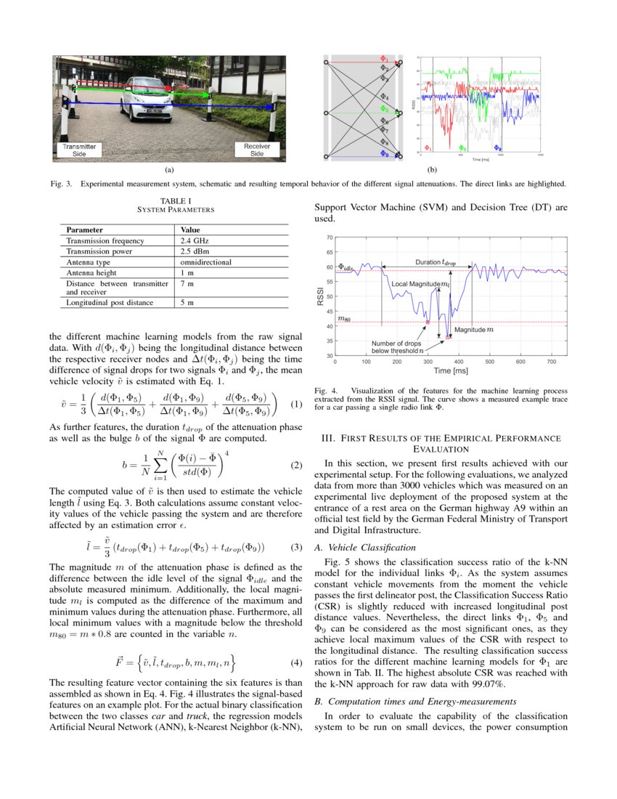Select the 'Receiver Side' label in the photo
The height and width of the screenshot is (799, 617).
point(257,150)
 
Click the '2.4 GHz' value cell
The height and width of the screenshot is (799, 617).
point(194,240)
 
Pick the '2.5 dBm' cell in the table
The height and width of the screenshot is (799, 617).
point(194,251)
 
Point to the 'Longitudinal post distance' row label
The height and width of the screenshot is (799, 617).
point(110,303)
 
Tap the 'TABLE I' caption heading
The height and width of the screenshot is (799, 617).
point(175,200)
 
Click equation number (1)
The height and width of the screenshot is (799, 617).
point(295,404)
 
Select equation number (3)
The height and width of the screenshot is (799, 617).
point(295,546)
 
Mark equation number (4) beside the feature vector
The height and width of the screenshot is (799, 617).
point(295,662)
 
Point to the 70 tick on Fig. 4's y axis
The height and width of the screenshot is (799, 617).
point(329,238)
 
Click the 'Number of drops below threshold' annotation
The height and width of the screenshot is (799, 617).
point(396,347)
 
